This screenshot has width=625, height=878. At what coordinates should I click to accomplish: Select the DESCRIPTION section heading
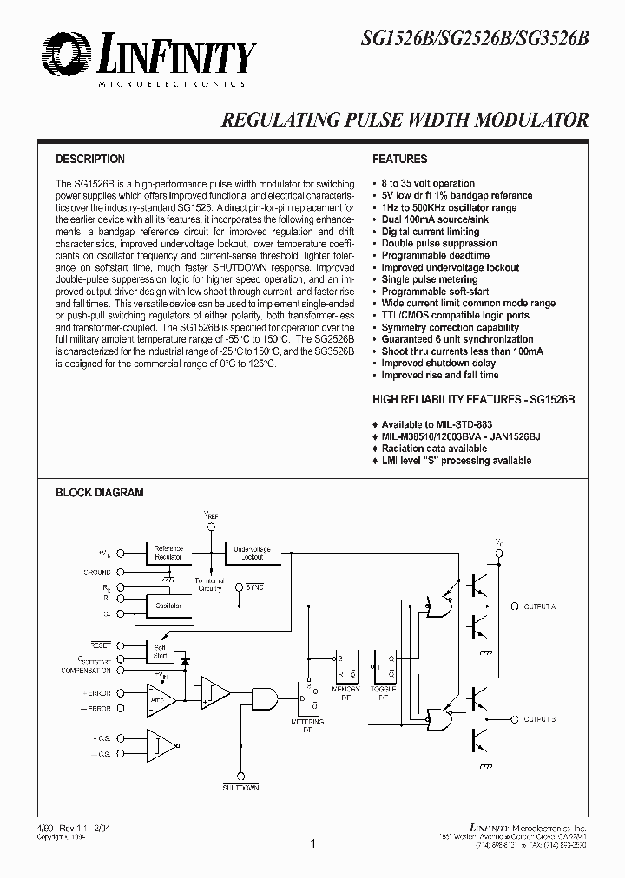click(x=90, y=160)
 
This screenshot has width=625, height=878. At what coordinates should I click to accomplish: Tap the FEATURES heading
click(x=399, y=160)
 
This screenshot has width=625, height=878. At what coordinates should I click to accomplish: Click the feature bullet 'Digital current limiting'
click(x=431, y=233)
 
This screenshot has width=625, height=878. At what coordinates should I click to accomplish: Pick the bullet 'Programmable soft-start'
click(x=435, y=292)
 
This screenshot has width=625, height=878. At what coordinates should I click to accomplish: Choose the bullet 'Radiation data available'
click(x=434, y=449)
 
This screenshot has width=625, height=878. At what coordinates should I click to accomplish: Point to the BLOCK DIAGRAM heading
click(x=100, y=493)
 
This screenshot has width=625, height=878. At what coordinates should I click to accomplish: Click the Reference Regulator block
click(x=168, y=552)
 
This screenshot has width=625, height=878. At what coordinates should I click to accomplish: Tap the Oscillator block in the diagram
click(x=168, y=605)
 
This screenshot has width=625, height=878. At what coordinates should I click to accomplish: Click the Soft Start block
click(x=161, y=650)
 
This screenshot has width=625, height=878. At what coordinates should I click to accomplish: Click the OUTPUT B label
click(x=540, y=719)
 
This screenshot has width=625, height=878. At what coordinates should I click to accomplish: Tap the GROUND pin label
click(x=97, y=573)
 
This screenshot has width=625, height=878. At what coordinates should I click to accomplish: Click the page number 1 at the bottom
click(x=312, y=843)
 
